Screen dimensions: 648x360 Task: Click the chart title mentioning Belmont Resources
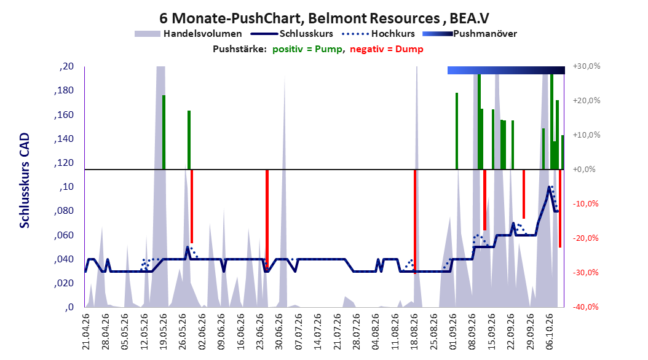(324, 18)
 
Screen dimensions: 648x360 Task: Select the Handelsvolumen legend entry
(188, 34)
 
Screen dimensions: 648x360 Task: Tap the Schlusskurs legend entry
(292, 34)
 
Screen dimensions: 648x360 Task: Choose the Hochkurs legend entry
(378, 34)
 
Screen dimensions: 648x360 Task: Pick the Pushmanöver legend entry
(470, 34)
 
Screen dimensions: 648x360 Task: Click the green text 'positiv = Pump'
(307, 49)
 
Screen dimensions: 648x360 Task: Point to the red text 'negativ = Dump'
(387, 49)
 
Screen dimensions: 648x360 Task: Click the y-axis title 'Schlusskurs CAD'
(25, 181)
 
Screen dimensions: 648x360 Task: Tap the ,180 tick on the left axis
(64, 90)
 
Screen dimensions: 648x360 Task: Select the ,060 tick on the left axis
(64, 235)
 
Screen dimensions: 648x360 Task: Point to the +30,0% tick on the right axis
(587, 66)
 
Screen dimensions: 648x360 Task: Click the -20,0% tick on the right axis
(585, 238)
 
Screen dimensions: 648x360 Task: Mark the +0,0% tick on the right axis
(584, 170)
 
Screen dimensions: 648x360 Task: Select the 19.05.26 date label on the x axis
(164, 332)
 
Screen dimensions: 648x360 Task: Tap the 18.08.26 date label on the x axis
(414, 332)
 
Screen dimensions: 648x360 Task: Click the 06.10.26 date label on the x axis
(549, 332)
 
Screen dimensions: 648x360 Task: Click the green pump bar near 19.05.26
(164, 132)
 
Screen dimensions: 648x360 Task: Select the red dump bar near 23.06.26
(267, 218)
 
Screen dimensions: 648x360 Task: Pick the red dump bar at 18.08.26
(415, 222)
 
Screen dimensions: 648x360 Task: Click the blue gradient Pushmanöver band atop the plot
(506, 70)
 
